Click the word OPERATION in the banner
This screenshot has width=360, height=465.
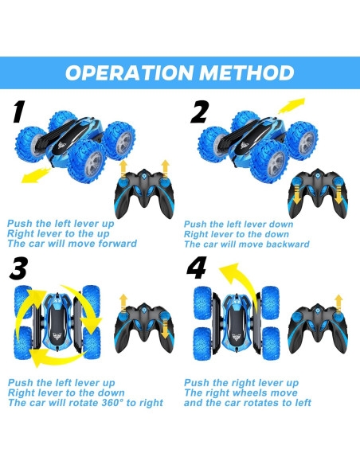[129, 72]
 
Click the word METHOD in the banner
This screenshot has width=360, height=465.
[247, 72]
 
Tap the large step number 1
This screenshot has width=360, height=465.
[19, 111]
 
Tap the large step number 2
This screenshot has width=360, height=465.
[199, 112]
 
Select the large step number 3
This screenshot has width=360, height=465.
[18, 268]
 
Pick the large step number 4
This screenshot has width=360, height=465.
[196, 268]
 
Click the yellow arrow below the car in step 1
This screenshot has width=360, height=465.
[36, 174]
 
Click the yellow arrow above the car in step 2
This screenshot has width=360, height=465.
[292, 106]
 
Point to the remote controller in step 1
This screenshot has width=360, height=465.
[144, 193]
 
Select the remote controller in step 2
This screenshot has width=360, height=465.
[318, 193]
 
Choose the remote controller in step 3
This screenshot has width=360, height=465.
[144, 328]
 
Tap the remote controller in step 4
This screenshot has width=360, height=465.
[318, 328]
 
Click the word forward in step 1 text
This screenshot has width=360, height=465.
[118, 244]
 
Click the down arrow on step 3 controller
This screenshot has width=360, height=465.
[165, 329]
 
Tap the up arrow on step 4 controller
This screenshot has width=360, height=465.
[338, 305]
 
